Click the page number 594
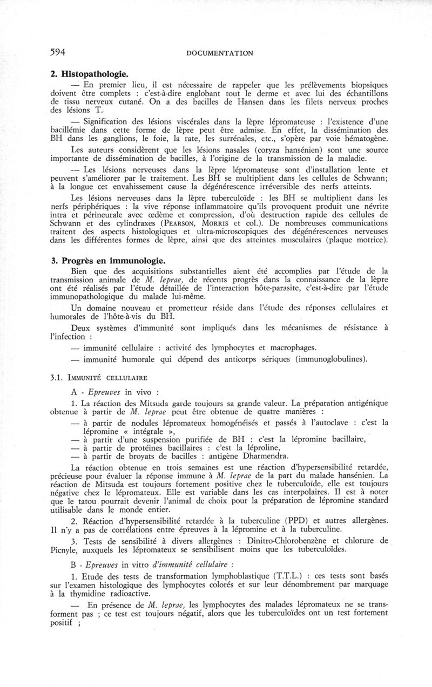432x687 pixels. (x=58, y=52)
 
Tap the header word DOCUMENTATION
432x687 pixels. (x=220, y=53)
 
